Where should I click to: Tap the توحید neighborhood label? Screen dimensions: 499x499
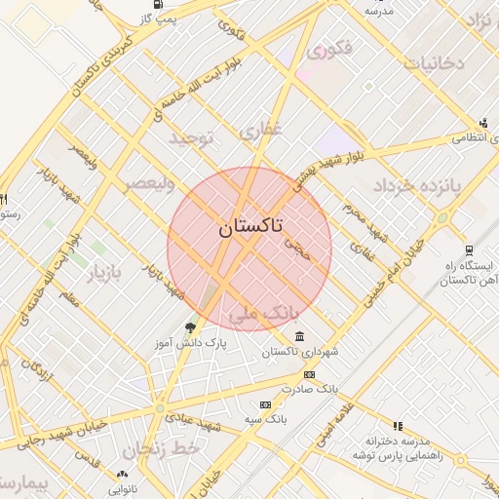coord(191,138)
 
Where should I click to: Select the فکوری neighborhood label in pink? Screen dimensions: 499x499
coord(327,48)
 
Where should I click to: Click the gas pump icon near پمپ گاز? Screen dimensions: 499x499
coord(157,4)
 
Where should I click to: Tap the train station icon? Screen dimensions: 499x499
coord(469,250)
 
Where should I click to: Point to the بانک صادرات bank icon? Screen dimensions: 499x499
coord(309,374)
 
